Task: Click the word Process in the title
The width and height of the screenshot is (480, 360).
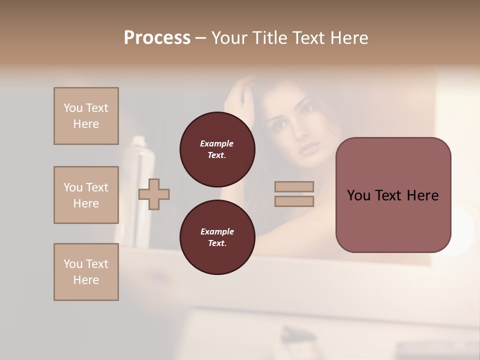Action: pyautogui.click(x=157, y=38)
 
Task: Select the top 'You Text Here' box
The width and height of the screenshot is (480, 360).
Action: pyautogui.click(x=86, y=116)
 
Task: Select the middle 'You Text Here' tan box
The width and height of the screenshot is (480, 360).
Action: pyautogui.click(x=86, y=195)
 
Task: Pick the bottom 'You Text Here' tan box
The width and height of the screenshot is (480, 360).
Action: pyautogui.click(x=86, y=272)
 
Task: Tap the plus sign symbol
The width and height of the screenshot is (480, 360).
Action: pyautogui.click(x=154, y=194)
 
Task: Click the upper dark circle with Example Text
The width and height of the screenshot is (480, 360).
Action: pyautogui.click(x=217, y=149)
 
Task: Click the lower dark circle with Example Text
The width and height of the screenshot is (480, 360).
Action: pyautogui.click(x=217, y=237)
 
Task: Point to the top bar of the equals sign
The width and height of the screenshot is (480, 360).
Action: pyautogui.click(x=294, y=186)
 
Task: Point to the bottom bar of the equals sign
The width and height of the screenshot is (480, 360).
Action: pyautogui.click(x=294, y=201)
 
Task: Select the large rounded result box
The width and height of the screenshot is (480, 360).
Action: pyautogui.click(x=393, y=195)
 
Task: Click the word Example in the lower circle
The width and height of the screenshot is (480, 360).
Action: pyautogui.click(x=217, y=231)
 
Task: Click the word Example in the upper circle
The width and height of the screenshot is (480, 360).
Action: pyautogui.click(x=217, y=143)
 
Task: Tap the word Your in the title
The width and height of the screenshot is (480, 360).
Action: pyautogui.click(x=230, y=38)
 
